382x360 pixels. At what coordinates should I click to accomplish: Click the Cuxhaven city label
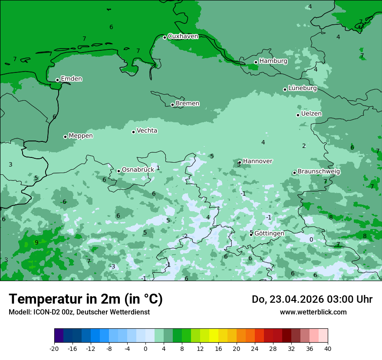[183, 36]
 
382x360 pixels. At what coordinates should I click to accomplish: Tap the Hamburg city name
[273, 61]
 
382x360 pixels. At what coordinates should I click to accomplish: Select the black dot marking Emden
[57, 80]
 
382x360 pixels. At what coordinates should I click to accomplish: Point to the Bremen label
[188, 104]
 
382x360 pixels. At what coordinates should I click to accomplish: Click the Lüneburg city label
[302, 88]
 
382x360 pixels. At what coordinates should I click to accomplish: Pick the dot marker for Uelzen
[298, 115]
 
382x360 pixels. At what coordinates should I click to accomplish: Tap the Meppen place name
[81, 136]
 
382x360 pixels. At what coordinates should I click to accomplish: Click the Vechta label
[147, 131]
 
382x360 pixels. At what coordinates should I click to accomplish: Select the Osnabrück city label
[138, 170]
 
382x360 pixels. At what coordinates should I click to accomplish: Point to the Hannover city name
[257, 161]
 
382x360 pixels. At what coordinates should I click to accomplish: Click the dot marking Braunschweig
[294, 173]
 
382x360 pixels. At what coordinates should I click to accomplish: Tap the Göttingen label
[269, 233]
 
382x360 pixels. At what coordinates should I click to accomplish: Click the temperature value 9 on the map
[36, 242]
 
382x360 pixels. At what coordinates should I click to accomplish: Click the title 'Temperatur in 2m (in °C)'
[86, 299]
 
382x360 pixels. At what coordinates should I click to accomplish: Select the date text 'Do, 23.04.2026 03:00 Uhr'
[312, 299]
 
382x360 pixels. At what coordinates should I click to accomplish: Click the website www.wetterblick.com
[313, 312]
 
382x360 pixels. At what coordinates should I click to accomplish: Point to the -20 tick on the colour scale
[54, 349]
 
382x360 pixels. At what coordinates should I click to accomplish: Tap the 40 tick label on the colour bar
[327, 349]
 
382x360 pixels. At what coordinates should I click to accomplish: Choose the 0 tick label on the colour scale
[145, 349]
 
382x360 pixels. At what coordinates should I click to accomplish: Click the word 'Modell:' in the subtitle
[19, 312]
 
